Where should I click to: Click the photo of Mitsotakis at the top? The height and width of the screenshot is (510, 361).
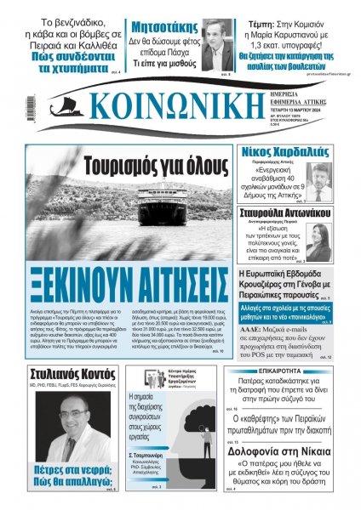216,46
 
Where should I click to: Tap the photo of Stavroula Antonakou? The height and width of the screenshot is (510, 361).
341,242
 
